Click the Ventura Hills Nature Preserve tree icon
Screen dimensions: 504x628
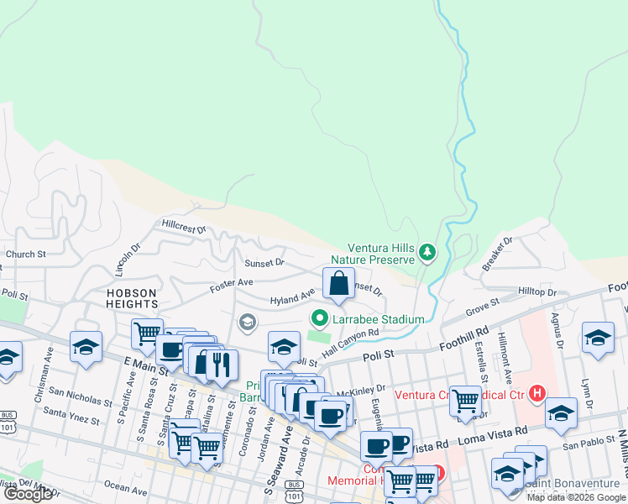point(427,251)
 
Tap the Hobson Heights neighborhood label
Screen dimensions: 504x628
point(132,298)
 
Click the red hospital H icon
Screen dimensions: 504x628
point(537,391)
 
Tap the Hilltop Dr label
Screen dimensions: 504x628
point(537,291)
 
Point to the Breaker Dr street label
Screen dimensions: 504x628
point(497,253)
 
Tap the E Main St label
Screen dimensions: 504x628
point(140,365)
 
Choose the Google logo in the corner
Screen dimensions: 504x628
point(28,494)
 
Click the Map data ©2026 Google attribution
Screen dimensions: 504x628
point(576,497)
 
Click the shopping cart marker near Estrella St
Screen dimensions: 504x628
point(465,401)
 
